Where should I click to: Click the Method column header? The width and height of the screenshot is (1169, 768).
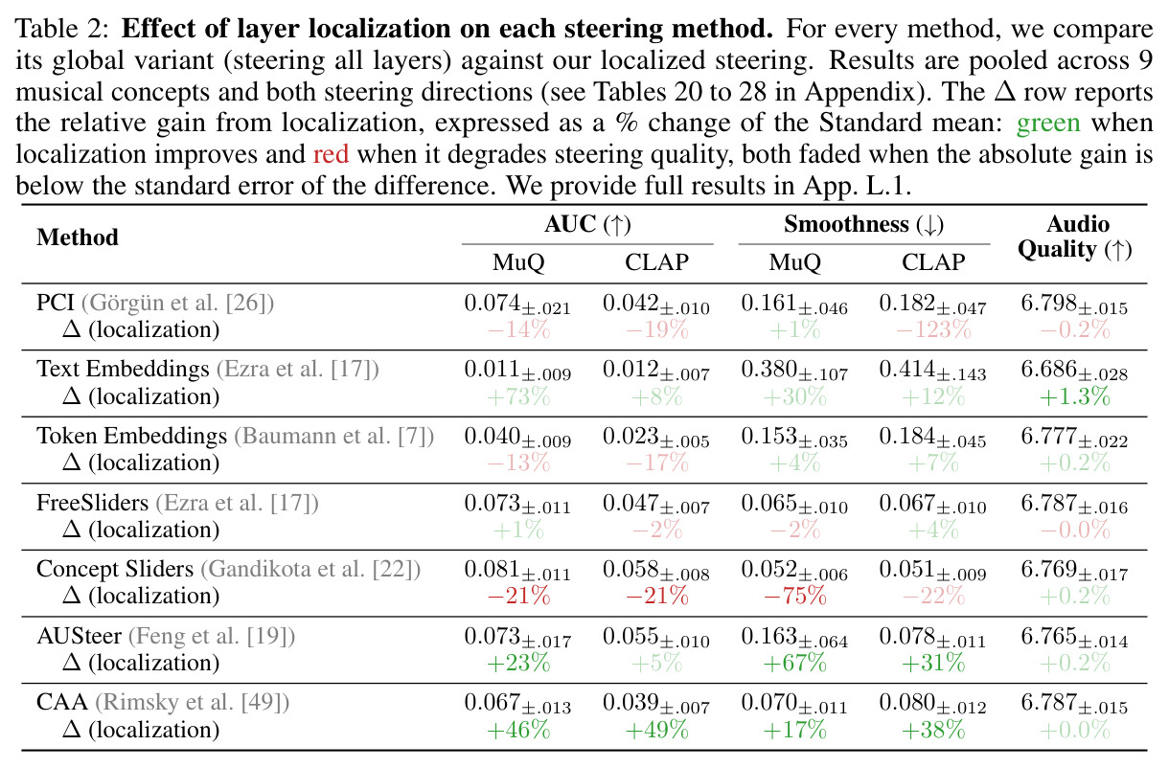(78, 237)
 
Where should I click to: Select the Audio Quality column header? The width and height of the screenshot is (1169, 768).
(1074, 237)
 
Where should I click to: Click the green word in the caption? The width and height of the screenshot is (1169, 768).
(1048, 124)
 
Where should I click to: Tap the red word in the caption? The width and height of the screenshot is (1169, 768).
(331, 154)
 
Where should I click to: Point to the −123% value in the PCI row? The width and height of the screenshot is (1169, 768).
(933, 329)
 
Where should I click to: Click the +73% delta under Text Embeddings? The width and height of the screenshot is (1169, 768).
(518, 396)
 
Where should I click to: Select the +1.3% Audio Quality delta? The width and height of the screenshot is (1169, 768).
(1074, 396)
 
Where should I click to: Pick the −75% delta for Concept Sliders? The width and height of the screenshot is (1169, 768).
(794, 596)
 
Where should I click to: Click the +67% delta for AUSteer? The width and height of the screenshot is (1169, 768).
(794, 663)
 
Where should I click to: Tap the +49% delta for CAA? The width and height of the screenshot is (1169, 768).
(656, 730)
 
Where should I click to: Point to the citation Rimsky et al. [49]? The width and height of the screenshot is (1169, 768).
(192, 702)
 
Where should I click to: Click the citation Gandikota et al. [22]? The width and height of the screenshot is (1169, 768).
(310, 570)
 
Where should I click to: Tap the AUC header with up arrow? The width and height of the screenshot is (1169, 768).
(587, 225)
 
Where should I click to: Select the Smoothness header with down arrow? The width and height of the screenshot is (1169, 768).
(863, 225)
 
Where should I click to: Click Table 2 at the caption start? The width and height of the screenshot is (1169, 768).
(61, 29)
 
